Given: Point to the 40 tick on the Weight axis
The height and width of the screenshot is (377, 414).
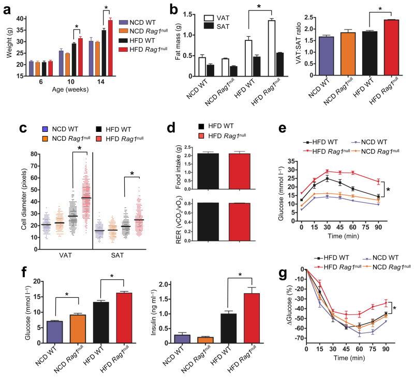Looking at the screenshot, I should (x=22, y=19).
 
